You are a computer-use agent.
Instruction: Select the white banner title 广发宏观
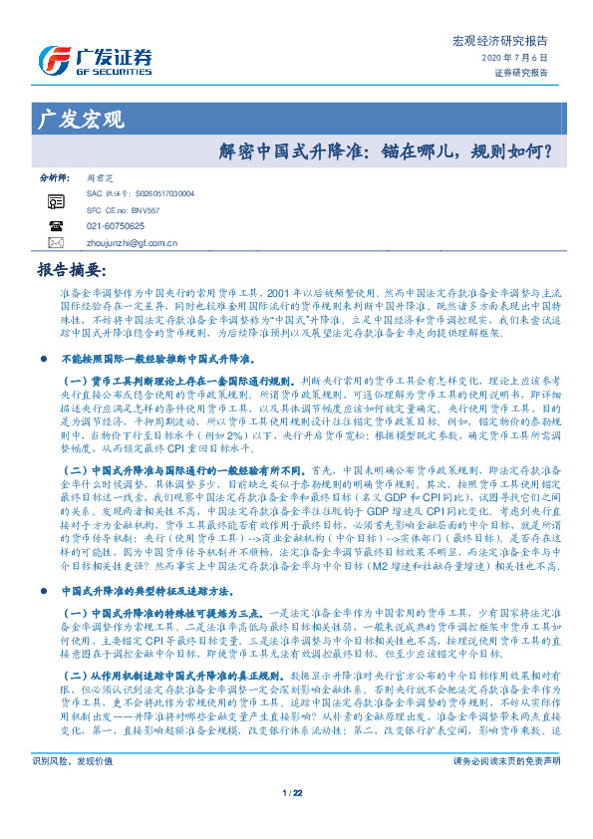[80, 121]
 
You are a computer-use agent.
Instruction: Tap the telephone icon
[56, 226]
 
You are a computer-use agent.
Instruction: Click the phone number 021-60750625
[116, 226]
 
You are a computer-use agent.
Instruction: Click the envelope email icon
[56, 242]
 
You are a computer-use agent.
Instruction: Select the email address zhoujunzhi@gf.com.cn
[133, 242]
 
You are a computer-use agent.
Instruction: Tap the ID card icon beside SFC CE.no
[56, 202]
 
